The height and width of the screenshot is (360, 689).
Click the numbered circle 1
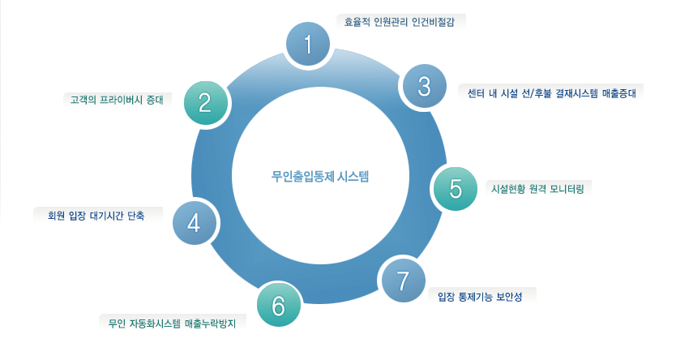point(308,44)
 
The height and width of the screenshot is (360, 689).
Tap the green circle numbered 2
point(205,102)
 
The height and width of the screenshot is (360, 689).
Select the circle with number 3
point(424,86)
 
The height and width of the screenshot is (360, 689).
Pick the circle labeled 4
point(194,222)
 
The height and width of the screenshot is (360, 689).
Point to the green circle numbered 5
point(456,187)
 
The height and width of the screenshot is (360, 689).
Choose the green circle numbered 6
point(279,306)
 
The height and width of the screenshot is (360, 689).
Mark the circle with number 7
point(401,280)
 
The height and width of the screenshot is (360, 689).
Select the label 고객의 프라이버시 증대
point(118,101)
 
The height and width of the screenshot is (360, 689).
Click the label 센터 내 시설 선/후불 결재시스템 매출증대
point(550,92)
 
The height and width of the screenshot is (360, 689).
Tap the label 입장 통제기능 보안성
point(479,297)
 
